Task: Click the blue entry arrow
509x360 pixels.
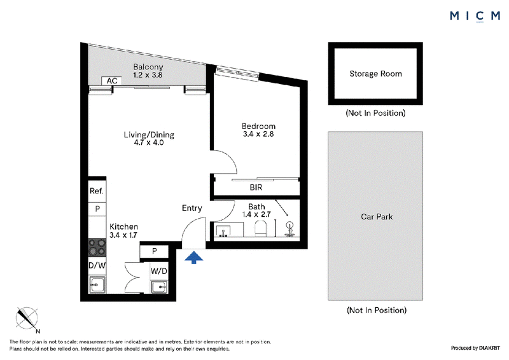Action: click(x=194, y=257)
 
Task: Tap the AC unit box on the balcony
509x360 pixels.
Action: click(x=112, y=81)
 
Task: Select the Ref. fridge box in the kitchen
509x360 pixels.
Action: click(x=97, y=191)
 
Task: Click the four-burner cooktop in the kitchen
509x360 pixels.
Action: click(x=97, y=247)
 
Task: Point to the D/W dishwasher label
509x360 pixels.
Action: click(x=97, y=265)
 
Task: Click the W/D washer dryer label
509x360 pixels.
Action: click(x=158, y=271)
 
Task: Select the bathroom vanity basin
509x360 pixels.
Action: click(x=223, y=230)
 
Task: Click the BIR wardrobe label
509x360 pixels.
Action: click(x=256, y=187)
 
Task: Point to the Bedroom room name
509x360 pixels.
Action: click(x=258, y=126)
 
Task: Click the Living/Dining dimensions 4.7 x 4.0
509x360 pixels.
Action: click(x=149, y=142)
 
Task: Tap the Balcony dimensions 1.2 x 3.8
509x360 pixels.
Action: click(x=148, y=75)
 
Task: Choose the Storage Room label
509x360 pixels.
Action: click(x=375, y=74)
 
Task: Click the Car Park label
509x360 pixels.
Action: click(x=377, y=216)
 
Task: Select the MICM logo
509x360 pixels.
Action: click(x=475, y=15)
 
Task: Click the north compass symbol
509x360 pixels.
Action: click(x=27, y=319)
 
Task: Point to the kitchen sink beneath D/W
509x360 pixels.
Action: click(x=97, y=285)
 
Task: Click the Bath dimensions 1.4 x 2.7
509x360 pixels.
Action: click(x=256, y=214)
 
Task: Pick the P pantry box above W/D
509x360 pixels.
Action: click(x=154, y=251)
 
